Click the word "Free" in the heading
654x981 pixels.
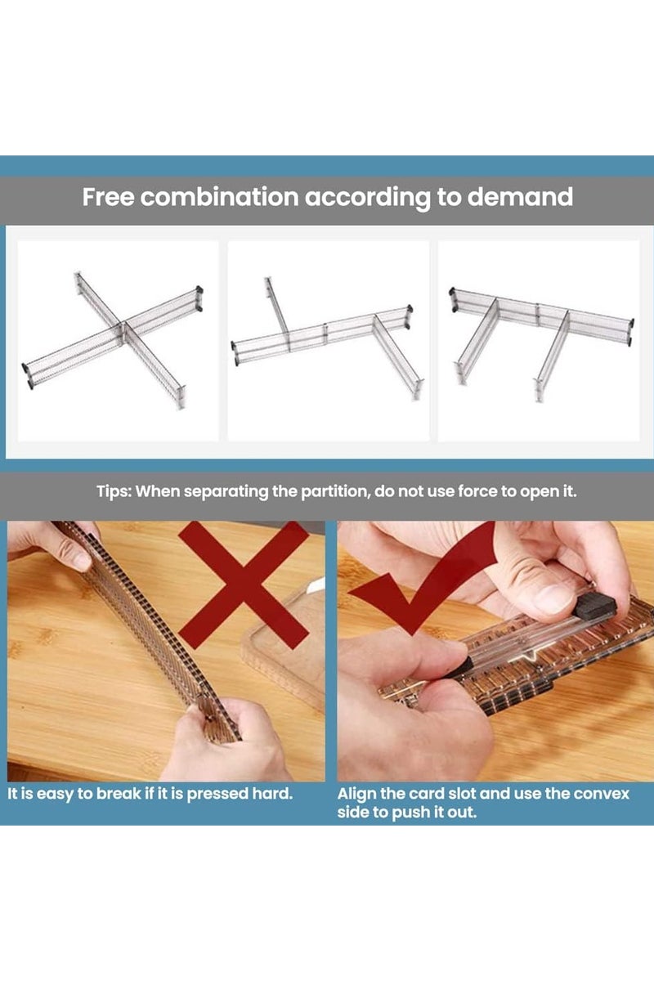(108, 197)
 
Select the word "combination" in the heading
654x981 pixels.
(219, 197)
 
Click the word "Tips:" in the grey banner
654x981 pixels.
(114, 491)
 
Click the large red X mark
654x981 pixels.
(244, 585)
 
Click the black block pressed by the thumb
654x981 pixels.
(595, 607)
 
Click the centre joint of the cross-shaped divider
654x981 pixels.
(123, 325)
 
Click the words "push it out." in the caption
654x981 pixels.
(433, 813)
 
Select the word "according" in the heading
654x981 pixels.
(368, 197)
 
